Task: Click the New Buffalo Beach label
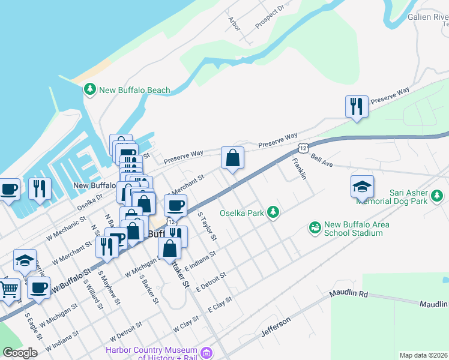[x=134, y=91]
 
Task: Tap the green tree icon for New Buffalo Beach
[x=90, y=89]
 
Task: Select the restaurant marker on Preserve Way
[x=357, y=107]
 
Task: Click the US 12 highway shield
[x=303, y=148]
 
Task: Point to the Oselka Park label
[x=242, y=212]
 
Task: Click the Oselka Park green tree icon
[x=273, y=212]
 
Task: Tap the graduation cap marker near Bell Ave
[x=363, y=187]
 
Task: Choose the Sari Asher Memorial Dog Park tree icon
[x=438, y=194]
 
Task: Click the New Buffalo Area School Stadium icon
[x=315, y=227]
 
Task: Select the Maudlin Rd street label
[x=348, y=295]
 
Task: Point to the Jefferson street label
[x=276, y=327]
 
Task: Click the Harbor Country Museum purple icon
[x=207, y=353]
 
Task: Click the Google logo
[x=20, y=352]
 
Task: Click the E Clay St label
[x=220, y=304]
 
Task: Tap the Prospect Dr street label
[x=269, y=18]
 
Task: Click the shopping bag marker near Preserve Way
[x=232, y=159]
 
